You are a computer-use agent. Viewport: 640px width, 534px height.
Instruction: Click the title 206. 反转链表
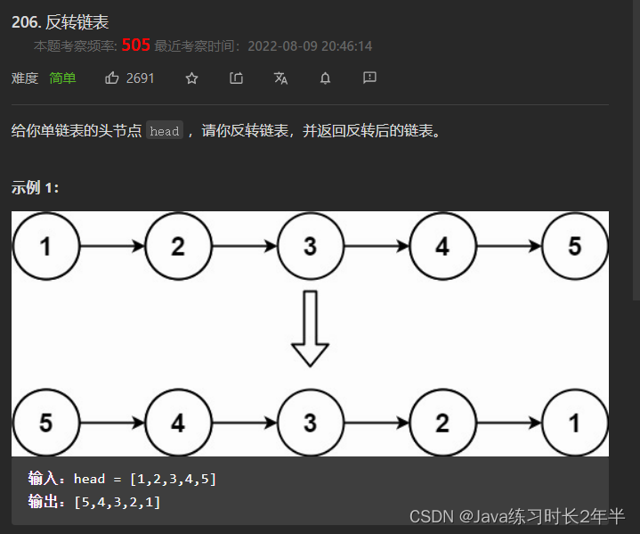pos(60,22)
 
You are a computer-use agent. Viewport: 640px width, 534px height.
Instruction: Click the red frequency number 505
pos(136,45)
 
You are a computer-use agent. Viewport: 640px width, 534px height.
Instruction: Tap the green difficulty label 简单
pos(62,78)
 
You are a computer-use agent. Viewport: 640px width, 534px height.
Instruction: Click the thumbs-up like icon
pos(112,78)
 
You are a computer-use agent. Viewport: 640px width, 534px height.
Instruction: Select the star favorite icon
pos(191,78)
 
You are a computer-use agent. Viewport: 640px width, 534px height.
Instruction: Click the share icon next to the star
pos(236,78)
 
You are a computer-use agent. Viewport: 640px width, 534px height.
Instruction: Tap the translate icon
pos(280,78)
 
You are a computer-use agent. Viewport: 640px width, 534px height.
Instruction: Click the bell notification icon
pos(325,78)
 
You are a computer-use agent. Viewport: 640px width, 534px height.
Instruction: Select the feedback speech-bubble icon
pos(369,78)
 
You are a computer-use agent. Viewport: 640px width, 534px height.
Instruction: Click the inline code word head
pos(165,131)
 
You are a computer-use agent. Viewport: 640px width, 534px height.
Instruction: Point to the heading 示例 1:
pos(36,188)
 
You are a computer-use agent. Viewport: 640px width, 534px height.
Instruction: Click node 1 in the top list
pos(45,246)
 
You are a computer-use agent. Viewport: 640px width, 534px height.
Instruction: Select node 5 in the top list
pos(575,246)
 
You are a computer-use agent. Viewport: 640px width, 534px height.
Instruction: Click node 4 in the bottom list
pos(178,423)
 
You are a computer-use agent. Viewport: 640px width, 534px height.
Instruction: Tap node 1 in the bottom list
pos(575,423)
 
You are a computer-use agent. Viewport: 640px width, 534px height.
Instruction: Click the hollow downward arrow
pos(310,327)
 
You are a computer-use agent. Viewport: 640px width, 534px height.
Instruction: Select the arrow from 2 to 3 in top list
pos(244,246)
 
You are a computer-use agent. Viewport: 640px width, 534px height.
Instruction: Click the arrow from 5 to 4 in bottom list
pos(112,423)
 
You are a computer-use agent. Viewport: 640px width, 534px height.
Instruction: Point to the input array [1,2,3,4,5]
pos(173,480)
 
